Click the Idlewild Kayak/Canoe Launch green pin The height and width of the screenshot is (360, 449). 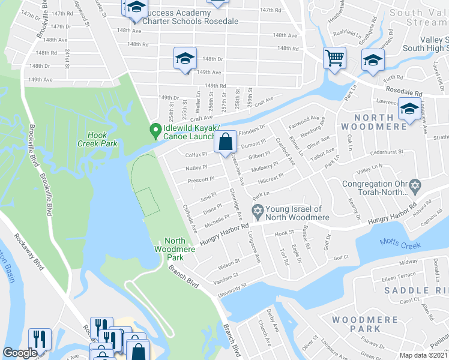(155, 130)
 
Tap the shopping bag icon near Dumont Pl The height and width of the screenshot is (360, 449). (225, 143)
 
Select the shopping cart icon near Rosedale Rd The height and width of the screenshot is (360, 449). (334, 58)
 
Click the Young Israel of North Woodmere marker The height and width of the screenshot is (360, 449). (258, 211)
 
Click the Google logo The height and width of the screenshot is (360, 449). (20, 353)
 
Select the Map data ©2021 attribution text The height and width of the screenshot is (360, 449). (423, 355)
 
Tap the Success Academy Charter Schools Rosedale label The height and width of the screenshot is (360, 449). (184, 15)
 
